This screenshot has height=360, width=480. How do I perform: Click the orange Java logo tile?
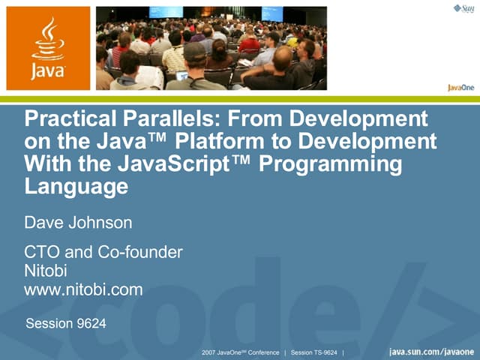(48, 48)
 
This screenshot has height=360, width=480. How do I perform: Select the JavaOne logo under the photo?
(460, 87)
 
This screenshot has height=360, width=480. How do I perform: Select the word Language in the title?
(76, 186)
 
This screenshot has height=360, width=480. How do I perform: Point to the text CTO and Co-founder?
(103, 252)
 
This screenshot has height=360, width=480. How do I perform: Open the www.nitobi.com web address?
(83, 289)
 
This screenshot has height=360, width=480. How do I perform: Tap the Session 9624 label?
(66, 324)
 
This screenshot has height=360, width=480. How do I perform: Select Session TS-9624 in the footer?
(314, 352)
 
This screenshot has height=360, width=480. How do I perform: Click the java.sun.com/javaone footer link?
(431, 352)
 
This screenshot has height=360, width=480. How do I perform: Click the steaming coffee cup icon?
(48, 40)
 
